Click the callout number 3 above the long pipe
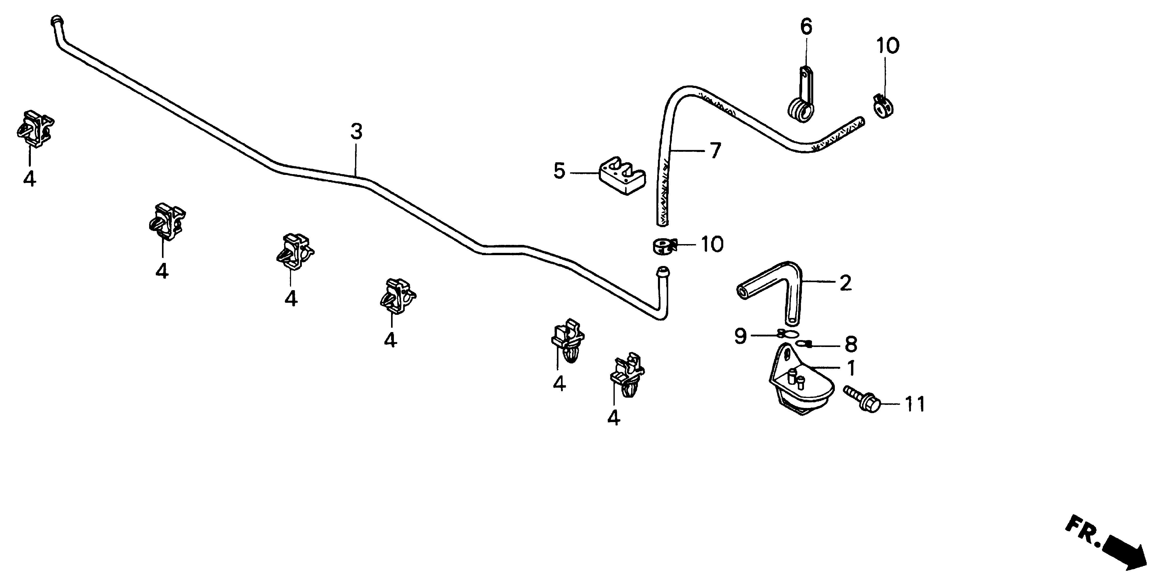(x=356, y=132)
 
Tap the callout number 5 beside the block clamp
(x=559, y=171)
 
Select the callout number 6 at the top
(x=806, y=28)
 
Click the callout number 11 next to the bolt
(x=915, y=404)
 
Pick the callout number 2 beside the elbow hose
(x=845, y=283)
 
